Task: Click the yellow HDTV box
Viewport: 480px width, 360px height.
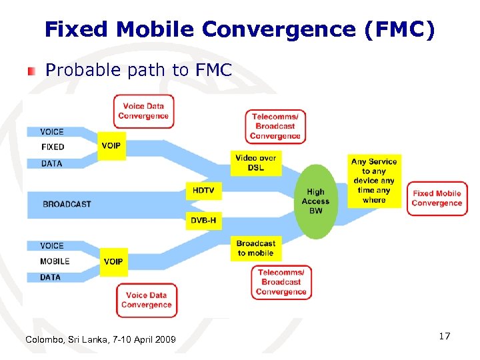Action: (203, 190)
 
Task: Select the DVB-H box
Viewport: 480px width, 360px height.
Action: (203, 220)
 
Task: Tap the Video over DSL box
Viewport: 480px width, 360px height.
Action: (255, 163)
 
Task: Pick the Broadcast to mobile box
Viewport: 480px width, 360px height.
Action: (256, 248)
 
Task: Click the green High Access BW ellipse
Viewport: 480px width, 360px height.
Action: (315, 201)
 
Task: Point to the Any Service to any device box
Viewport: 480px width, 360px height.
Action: (374, 181)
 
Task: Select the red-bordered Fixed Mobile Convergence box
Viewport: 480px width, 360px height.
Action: (437, 198)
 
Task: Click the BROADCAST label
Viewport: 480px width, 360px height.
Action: (67, 204)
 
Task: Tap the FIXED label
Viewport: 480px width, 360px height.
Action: (53, 147)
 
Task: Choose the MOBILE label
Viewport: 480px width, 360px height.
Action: (55, 261)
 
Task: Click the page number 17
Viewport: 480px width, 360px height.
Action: (445, 337)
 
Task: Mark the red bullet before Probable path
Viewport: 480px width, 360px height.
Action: (31, 71)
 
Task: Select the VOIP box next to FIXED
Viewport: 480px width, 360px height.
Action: (111, 145)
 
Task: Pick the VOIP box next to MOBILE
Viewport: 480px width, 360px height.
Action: (113, 261)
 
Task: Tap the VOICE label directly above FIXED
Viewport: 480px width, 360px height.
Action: (52, 131)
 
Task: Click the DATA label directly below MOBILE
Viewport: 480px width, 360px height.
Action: (50, 277)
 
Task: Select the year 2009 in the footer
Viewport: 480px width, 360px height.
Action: (164, 340)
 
